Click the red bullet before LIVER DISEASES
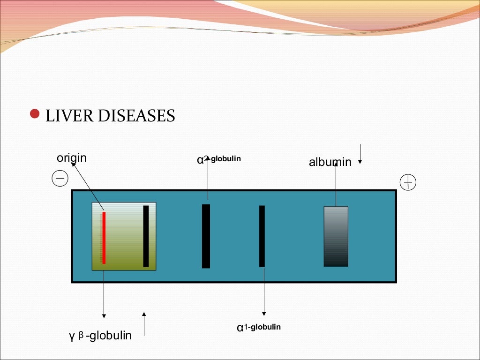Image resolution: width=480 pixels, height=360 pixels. [34, 114]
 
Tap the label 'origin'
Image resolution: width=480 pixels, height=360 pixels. [72, 158]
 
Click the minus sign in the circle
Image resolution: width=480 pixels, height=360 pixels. [60, 179]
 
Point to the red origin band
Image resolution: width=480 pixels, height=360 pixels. [104, 238]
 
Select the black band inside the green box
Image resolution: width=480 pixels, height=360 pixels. [146, 236]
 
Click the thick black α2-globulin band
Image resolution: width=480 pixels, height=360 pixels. [206, 236]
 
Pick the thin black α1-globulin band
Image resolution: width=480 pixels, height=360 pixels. [262, 236]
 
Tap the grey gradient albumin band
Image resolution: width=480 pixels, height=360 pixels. [336, 236]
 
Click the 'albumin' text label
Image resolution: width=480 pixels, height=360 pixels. [330, 163]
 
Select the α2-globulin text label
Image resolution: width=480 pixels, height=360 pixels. [219, 159]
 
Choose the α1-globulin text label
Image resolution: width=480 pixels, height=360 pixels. [259, 327]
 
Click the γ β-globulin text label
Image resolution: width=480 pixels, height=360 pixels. [100, 336]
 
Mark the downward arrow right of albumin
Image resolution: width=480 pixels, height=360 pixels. [360, 154]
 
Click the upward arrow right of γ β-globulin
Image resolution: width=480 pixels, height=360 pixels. [144, 324]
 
